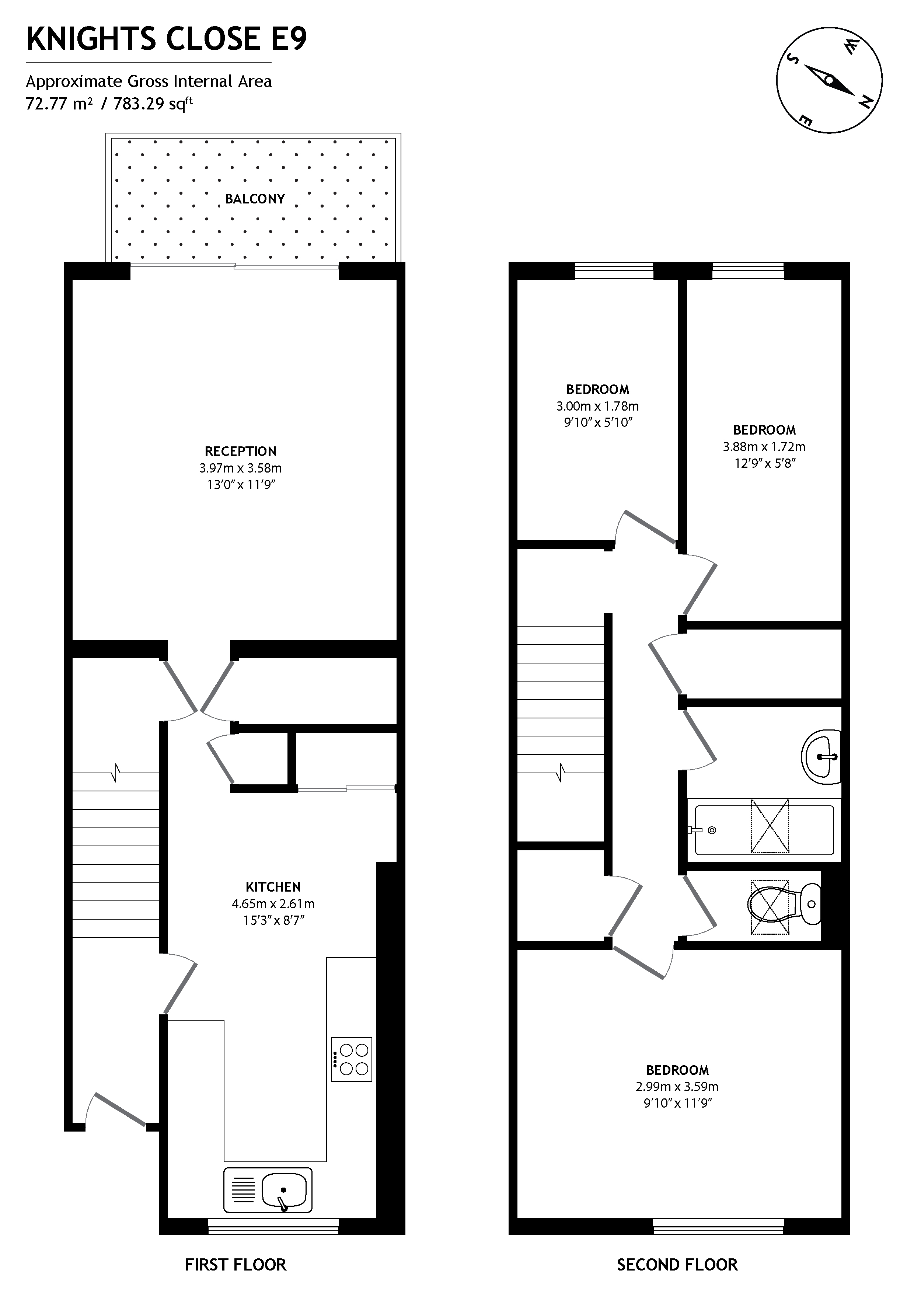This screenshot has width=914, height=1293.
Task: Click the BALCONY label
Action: coord(255,199)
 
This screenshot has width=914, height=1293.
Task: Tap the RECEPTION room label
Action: coord(240,451)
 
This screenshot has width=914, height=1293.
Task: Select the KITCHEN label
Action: coord(273,887)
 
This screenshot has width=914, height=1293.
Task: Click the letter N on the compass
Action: coord(866,102)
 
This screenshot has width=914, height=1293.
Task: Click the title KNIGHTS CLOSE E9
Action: coord(167,39)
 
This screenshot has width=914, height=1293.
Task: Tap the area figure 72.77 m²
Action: coord(59,104)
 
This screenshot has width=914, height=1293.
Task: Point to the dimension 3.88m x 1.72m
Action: coord(764,447)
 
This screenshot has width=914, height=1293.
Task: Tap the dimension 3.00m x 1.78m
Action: coord(597,406)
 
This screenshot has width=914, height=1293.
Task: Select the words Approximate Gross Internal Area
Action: coord(149,82)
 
